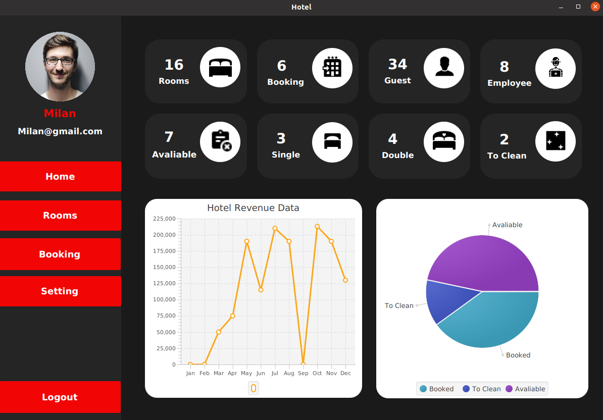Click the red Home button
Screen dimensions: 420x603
60,176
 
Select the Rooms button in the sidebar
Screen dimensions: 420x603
60,215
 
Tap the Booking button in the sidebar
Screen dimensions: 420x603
60,254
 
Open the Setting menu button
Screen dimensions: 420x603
60,291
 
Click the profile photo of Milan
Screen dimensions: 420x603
60,67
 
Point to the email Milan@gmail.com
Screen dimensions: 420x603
60,131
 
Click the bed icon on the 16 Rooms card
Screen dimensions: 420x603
220,68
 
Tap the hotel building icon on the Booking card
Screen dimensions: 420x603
332,68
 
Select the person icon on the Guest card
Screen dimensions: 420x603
444,68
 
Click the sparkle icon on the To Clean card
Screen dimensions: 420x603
556,141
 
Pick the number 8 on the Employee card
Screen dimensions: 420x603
504,67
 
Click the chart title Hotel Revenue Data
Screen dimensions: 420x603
253,208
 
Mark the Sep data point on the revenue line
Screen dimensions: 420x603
303,364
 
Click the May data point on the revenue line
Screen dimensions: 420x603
246,241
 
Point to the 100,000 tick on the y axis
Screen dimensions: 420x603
165,299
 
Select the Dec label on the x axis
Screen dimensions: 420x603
345,373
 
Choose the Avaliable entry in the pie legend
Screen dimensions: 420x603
525,389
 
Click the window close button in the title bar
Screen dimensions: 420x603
595,7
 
